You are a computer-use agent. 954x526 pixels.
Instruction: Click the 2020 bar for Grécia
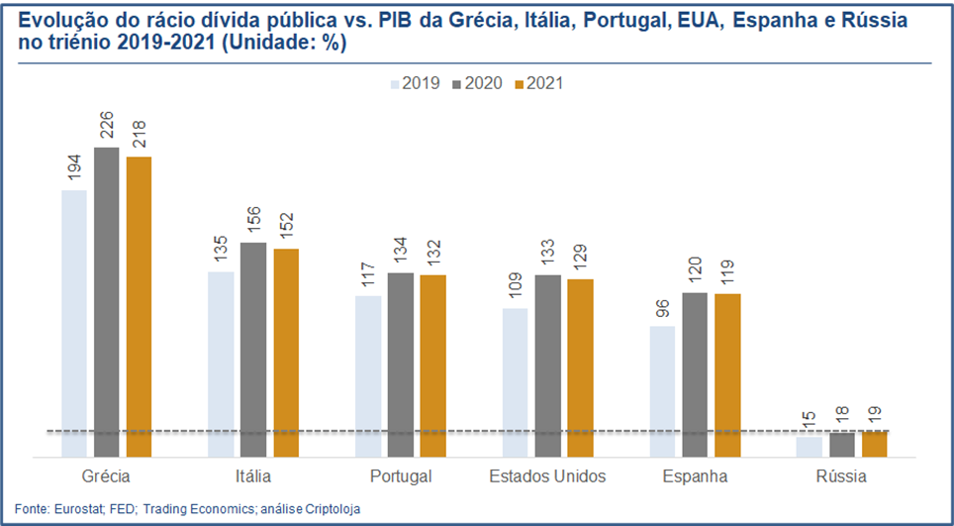point(106,302)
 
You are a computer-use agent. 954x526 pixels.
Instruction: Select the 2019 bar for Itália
point(221,365)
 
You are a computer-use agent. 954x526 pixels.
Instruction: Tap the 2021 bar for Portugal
point(432,366)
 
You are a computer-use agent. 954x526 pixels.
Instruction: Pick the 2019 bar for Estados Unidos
point(515,382)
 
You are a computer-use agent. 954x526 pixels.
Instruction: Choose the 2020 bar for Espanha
point(695,374)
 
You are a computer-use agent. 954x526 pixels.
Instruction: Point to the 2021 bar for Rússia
point(874,444)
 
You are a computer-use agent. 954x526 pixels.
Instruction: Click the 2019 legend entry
point(420,83)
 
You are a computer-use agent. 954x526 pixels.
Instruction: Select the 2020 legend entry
point(479,83)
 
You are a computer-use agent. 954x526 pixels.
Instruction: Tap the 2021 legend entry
point(538,83)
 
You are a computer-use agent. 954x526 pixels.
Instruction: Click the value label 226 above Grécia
point(107,127)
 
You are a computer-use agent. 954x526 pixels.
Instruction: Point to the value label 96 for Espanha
point(662,308)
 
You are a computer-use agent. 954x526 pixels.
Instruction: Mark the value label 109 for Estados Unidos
point(515,286)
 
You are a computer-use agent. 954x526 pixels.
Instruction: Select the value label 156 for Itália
point(253,221)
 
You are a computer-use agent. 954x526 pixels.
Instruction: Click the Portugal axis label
point(401,476)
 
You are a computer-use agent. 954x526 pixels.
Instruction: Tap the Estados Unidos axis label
point(547,476)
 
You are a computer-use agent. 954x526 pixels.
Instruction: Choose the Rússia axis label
point(841,476)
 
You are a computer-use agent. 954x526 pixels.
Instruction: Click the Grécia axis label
point(106,476)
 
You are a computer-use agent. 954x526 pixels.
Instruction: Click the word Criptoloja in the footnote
point(332,508)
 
